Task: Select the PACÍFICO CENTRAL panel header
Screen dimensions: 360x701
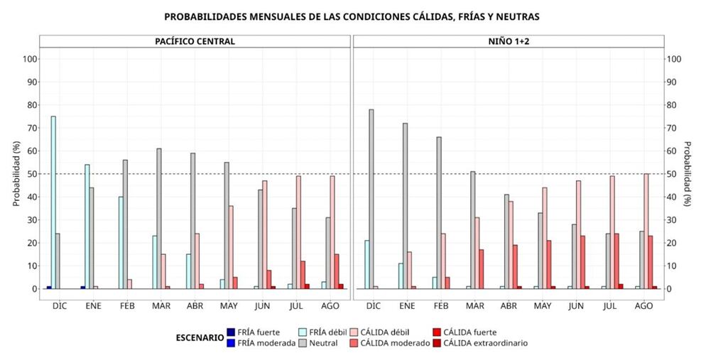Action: click(195, 41)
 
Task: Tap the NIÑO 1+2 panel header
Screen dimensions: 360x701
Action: click(508, 41)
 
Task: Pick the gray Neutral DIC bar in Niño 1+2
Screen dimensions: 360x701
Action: click(371, 199)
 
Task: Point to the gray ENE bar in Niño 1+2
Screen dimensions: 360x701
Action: click(406, 206)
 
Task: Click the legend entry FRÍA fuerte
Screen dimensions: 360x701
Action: click(254, 332)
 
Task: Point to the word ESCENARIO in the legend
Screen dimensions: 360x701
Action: click(198, 337)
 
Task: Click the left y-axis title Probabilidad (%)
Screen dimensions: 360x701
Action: click(16, 174)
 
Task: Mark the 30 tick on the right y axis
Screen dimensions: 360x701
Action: click(670, 219)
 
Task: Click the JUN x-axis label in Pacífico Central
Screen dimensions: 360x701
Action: click(263, 305)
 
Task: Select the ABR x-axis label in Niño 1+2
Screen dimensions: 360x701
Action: click(509, 305)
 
